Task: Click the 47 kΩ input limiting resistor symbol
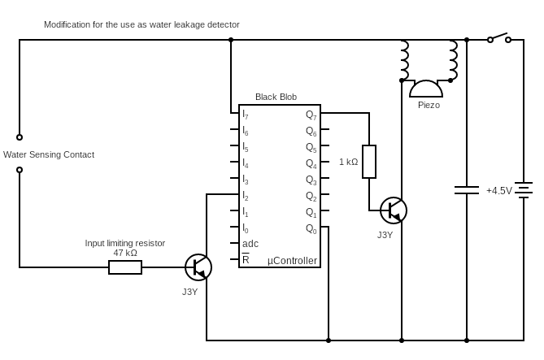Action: coord(125,267)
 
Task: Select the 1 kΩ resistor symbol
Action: coord(369,162)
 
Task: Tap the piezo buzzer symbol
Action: coord(426,89)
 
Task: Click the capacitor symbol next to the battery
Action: coord(467,190)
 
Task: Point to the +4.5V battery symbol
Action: coord(524,190)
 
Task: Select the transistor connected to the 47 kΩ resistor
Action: coord(198,267)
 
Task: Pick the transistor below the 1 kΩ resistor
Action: coord(394,210)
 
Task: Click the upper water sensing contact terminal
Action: coord(20,137)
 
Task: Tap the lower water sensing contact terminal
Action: coord(20,170)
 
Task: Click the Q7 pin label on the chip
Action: coord(311,115)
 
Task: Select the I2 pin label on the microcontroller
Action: coord(246,196)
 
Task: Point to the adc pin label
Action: coord(250,244)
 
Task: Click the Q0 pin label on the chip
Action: coord(311,229)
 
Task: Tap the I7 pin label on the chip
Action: coord(246,115)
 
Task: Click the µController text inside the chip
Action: coord(292,261)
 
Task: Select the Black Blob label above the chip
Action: coord(276,97)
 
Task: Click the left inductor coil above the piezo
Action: coord(403,60)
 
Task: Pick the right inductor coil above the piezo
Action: coord(452,60)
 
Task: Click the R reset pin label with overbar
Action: coord(246,260)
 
